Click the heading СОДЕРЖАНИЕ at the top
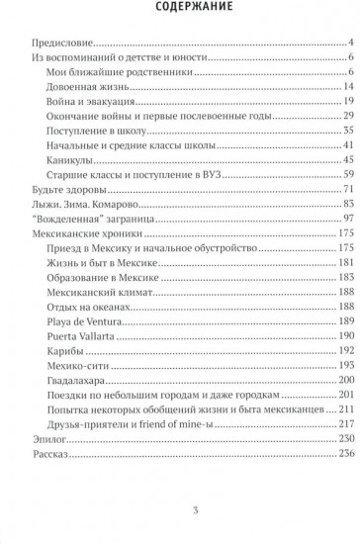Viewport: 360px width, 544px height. pos(180,12)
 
